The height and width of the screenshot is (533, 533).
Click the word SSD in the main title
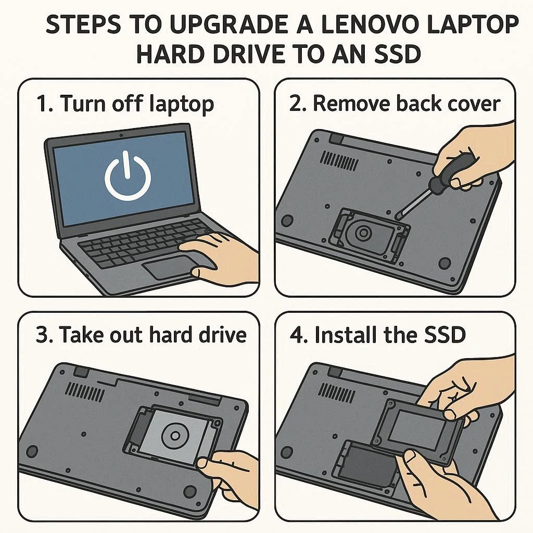point(397,54)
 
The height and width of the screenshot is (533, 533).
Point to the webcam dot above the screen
point(121,135)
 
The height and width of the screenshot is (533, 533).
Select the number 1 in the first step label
point(42,104)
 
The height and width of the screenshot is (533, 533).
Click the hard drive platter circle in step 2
point(363,233)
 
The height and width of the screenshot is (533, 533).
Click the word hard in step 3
point(171,335)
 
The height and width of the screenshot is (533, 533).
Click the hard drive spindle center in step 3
point(175,436)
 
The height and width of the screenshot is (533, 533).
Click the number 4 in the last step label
point(296,335)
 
